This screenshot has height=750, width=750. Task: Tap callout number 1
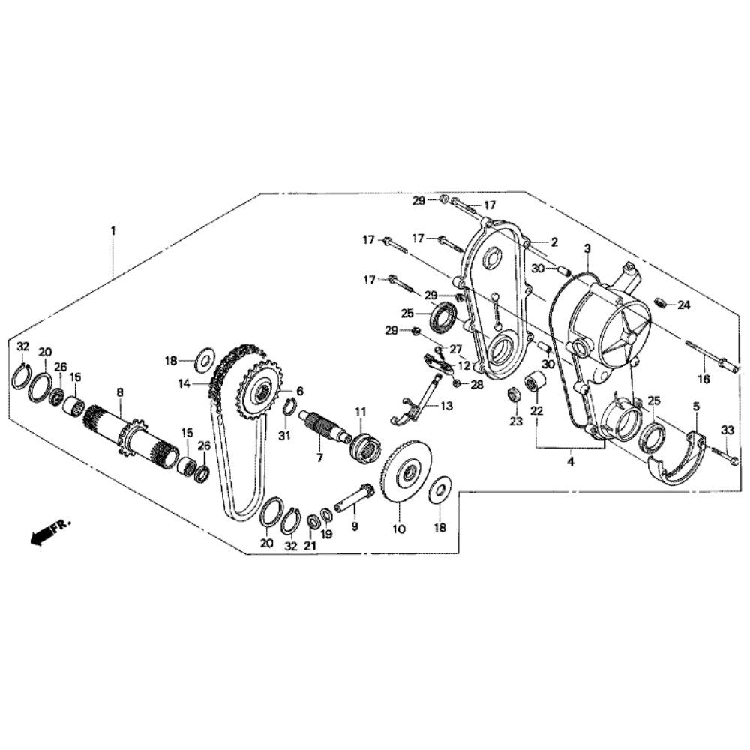(113, 230)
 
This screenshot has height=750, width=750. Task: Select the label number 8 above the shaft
(120, 392)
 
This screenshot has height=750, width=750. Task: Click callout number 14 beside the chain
(184, 383)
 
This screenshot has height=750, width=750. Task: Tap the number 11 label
(360, 411)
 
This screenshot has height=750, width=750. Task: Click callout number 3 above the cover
(587, 249)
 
